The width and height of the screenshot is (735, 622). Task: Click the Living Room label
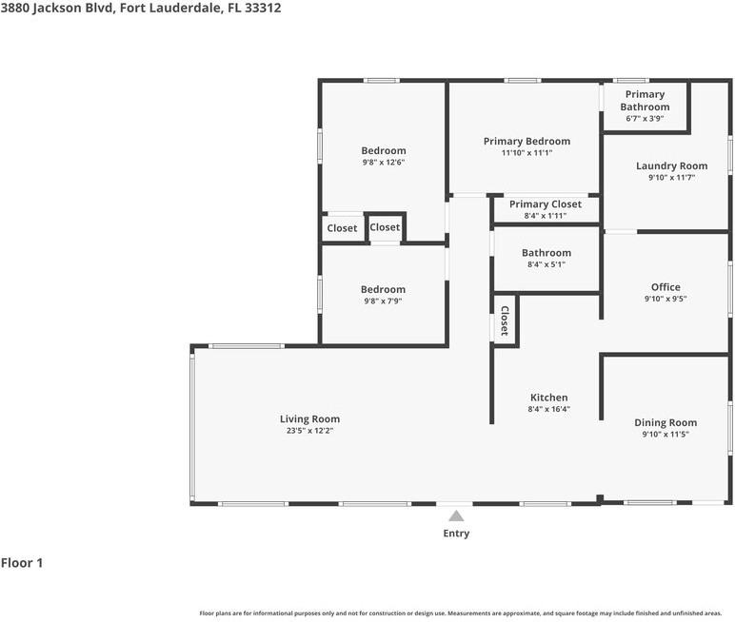tap(309, 418)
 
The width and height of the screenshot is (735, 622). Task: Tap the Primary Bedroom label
tap(526, 141)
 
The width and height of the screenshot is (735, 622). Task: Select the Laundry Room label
tap(671, 165)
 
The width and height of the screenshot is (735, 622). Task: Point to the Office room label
tap(665, 286)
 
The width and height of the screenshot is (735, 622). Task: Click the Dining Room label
tap(665, 422)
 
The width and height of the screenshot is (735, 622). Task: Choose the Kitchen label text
tap(548, 398)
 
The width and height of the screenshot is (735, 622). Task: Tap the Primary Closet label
tap(545, 204)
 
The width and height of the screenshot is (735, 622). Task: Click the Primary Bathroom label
tap(645, 101)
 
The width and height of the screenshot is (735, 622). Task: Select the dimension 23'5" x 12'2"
tap(309, 431)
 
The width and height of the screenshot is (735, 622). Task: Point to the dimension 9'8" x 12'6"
tap(383, 163)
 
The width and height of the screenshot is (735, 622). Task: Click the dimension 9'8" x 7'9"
tap(383, 301)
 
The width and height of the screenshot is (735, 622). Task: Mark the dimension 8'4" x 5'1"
tap(546, 264)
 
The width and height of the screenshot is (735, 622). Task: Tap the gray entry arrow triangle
tap(456, 515)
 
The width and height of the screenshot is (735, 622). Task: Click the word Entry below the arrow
tap(456, 534)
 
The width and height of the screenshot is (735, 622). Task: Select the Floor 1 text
tap(22, 563)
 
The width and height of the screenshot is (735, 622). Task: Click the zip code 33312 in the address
tap(262, 8)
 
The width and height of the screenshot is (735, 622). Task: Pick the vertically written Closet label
tap(505, 321)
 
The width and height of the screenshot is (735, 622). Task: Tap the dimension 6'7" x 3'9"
tap(645, 119)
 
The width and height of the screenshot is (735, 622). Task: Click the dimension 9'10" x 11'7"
tap(671, 178)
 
